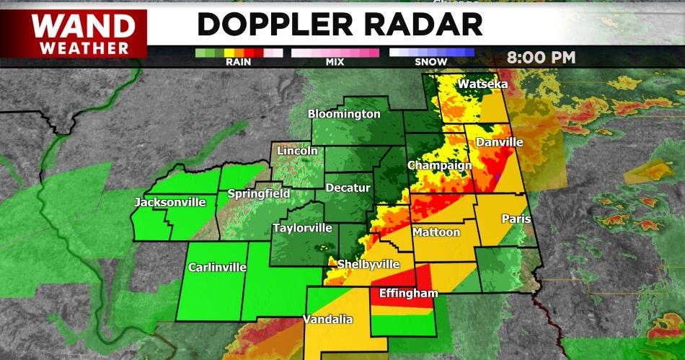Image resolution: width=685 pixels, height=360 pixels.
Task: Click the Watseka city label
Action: tap(483, 84)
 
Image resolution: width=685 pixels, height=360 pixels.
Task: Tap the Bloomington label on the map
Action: tap(344, 114)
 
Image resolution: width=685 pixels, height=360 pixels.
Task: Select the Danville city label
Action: tap(498, 142)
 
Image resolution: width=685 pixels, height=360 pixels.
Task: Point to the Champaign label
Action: tap(440, 165)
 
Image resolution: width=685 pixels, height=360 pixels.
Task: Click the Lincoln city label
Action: tap(297, 151)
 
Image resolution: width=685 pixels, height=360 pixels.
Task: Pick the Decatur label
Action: tap(348, 188)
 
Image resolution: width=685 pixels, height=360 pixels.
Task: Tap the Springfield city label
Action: tap(259, 193)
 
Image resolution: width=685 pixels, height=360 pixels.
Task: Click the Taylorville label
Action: tap(302, 228)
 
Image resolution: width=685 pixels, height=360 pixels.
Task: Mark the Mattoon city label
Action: tap(436, 232)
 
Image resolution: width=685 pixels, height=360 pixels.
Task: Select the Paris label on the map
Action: tap(516, 219)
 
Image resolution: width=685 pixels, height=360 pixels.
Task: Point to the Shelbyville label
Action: tap(368, 263)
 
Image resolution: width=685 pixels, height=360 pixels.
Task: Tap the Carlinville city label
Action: tap(217, 267)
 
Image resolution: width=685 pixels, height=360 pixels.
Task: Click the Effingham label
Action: tap(404, 294)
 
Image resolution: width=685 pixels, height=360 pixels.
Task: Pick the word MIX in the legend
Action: tap(335, 63)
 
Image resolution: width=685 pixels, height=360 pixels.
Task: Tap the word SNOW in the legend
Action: tap(431, 63)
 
